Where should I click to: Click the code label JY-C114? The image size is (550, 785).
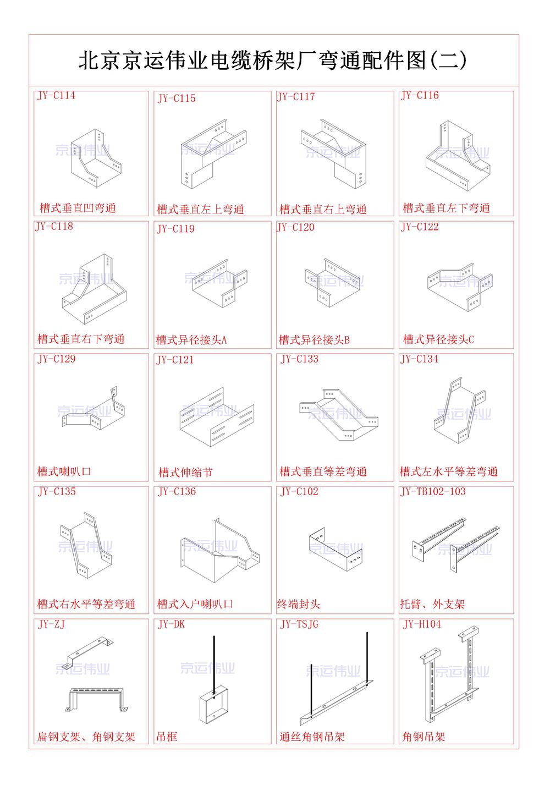pos(56,96)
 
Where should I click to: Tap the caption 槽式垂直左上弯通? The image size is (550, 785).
pos(201,210)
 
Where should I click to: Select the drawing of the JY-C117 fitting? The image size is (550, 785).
pos(333,153)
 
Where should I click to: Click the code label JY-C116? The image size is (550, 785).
pos(420,96)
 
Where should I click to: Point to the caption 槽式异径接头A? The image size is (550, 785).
pos(191,340)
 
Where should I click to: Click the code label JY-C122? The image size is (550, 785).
pos(420,227)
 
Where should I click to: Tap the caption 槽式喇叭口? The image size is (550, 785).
pos(64,472)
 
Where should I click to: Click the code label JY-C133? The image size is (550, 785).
pos(299,359)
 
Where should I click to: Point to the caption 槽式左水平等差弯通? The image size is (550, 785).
pos(449,472)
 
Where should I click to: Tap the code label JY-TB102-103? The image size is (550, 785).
pos(433,492)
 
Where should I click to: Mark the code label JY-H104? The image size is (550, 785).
pos(422,624)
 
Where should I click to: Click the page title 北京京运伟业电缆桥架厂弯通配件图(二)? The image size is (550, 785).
pos(273,61)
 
